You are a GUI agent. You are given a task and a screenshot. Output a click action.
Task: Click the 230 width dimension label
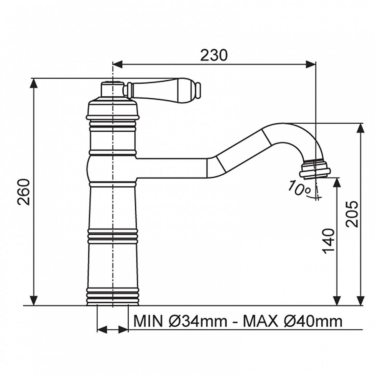(213, 56)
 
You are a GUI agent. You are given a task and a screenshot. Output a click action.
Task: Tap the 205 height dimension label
(352, 214)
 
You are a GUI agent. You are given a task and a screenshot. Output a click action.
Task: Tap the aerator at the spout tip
(314, 169)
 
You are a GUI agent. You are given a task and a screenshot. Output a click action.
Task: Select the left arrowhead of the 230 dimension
(117, 64)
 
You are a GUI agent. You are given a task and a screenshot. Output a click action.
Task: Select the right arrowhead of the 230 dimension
(311, 64)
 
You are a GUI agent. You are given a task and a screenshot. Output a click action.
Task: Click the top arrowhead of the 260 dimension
(34, 84)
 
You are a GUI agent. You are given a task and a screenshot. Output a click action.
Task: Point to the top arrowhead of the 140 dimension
(337, 183)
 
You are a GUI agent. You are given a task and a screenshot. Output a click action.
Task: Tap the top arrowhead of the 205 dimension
(361, 128)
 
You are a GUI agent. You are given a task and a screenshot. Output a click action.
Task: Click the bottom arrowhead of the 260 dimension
(34, 300)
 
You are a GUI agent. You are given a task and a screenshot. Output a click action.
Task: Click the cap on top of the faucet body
(112, 89)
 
